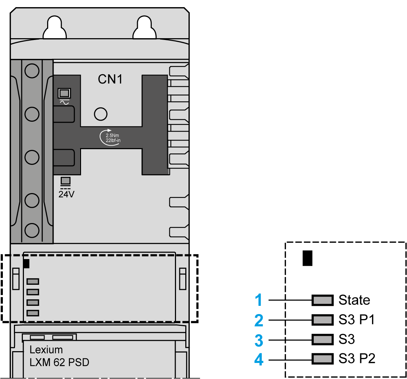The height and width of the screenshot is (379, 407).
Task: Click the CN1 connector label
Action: point(110,79)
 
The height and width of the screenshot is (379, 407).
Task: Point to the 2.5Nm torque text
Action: point(112,136)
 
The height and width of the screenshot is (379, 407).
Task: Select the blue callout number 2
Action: point(259,320)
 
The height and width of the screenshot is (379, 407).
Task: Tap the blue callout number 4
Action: point(259,359)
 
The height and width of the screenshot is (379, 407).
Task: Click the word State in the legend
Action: point(354,300)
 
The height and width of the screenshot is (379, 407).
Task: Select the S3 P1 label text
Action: point(357,320)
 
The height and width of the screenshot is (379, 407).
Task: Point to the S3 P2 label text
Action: point(357,358)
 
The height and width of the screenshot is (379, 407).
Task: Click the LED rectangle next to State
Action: point(322,300)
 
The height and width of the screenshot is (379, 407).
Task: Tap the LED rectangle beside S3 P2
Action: point(322,358)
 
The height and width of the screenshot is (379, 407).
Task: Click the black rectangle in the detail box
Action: point(307,258)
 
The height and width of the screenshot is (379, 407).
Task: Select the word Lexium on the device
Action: point(46,350)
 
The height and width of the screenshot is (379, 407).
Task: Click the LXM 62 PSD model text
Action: point(59,363)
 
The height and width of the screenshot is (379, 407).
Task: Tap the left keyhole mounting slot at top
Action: point(55,29)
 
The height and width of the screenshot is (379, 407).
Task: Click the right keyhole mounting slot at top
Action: point(145,29)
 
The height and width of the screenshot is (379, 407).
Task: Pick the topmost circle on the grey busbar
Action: point(32,71)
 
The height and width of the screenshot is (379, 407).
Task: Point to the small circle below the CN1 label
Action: point(100,114)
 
